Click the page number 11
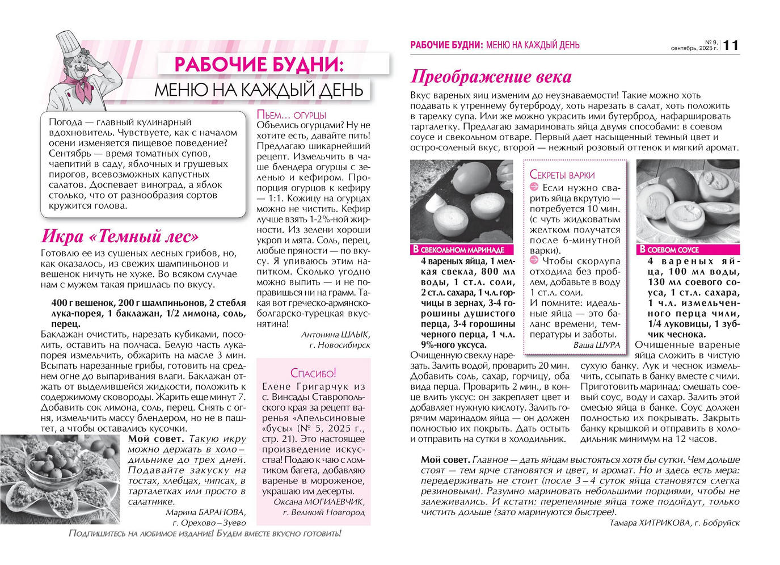tap(731, 45)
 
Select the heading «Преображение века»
tap(491, 77)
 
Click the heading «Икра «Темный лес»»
tap(120, 236)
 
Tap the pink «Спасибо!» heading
tap(313, 373)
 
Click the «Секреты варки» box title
tap(562, 175)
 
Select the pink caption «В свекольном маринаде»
tap(458, 250)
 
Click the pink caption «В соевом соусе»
tap(669, 250)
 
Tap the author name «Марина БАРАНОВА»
tap(206, 512)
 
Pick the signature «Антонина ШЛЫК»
tap(335, 335)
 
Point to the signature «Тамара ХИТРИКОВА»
tap(651, 523)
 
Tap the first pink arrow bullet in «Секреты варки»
tap(534, 187)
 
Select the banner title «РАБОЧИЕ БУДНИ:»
tap(259, 64)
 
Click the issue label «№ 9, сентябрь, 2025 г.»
tap(694, 45)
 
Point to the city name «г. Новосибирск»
tap(340, 345)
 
